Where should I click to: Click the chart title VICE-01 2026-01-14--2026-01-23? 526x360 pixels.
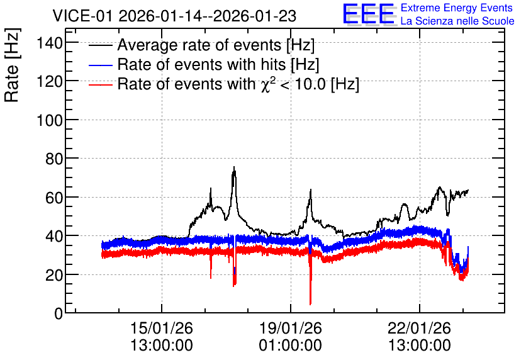174,16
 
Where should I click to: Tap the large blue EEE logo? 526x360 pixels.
368,14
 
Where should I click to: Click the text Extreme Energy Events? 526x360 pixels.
457,8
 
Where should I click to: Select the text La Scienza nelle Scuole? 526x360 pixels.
457,21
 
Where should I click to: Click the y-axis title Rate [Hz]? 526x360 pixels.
12,65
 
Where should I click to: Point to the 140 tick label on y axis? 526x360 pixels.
50,43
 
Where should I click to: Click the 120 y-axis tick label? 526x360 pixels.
50,81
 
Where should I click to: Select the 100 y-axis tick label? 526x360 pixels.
50,120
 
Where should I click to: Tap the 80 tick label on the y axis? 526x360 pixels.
54,159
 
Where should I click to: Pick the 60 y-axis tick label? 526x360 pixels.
54,198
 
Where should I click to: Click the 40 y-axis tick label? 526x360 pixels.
54,236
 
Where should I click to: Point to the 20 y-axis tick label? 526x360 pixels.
54,275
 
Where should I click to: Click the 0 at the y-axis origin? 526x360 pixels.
59,313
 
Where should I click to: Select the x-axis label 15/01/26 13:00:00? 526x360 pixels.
162,336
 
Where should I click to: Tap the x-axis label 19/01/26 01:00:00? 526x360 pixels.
291,336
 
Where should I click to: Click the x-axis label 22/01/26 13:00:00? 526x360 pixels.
419,336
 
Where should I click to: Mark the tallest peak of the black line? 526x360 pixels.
234,167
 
